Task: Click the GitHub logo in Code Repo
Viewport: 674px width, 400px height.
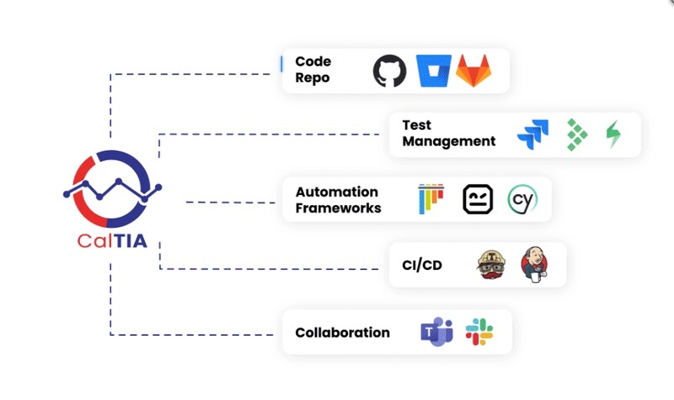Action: tap(389, 71)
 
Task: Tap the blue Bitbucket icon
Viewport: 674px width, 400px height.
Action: tap(434, 71)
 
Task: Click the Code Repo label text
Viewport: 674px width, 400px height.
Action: tap(313, 70)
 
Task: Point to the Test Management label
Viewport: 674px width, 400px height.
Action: tap(448, 133)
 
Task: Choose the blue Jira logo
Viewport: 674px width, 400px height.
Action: tap(532, 134)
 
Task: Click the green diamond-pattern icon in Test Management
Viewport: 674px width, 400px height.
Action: tap(577, 134)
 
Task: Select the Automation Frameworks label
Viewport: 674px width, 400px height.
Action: tap(337, 200)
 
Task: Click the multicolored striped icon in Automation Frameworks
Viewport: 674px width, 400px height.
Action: tap(431, 199)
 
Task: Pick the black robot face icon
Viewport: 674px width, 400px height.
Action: tap(478, 199)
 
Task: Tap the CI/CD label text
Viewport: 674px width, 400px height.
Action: tap(422, 265)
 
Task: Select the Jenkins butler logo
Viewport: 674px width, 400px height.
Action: tap(533, 264)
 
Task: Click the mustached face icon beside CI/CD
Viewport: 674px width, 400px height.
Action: tap(492, 264)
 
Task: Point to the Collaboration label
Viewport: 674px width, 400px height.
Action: tap(342, 332)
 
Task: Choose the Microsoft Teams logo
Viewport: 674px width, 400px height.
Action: tap(436, 332)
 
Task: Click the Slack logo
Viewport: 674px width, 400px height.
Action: tap(479, 332)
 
